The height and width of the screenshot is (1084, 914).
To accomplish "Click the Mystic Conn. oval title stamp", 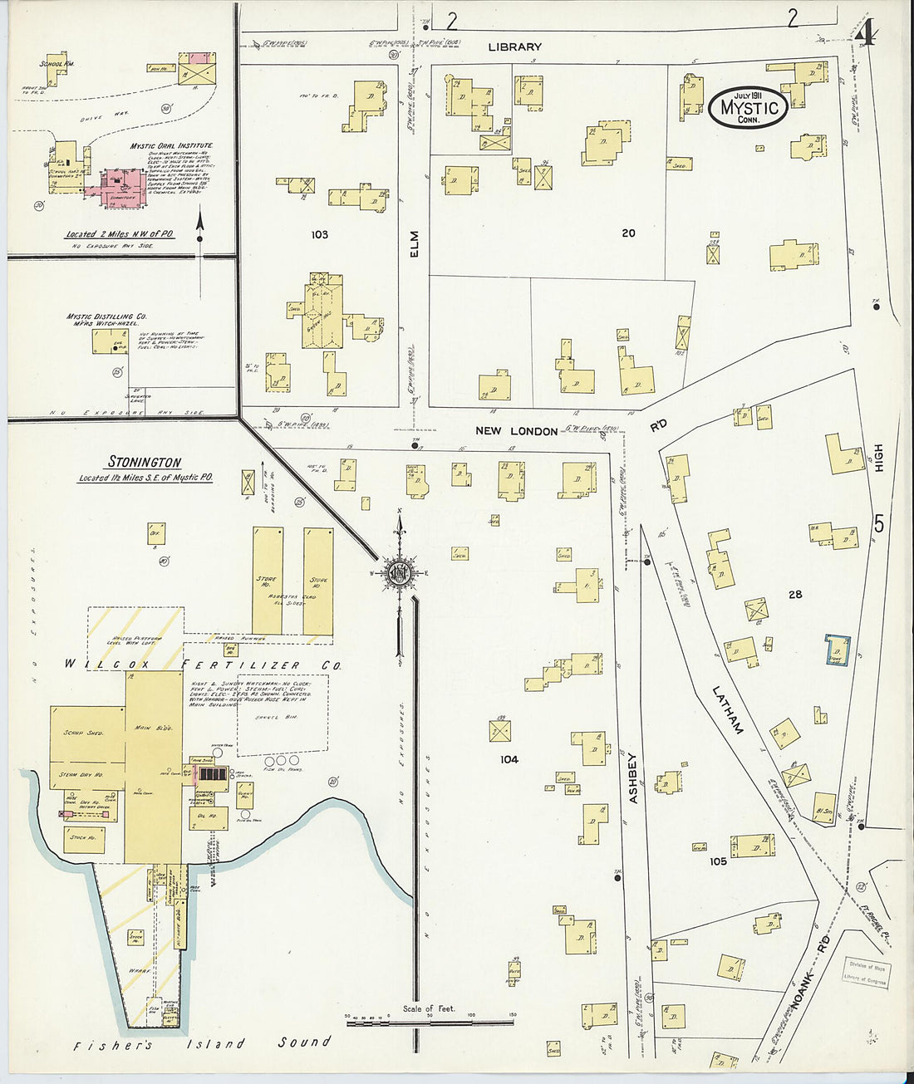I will (748, 107).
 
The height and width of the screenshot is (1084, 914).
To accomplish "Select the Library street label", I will (514, 47).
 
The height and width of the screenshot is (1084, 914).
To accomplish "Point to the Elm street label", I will (415, 243).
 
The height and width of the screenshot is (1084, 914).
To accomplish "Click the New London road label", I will (516, 430).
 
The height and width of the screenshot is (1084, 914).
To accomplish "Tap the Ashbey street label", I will (632, 777).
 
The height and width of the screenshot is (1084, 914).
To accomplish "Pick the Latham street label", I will (726, 709).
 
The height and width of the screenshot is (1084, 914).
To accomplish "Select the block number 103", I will (319, 235).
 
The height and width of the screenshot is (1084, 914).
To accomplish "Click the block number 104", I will (509, 759).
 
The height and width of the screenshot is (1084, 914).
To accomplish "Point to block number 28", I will (795, 594).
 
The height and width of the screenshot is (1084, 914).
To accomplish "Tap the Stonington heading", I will (145, 462).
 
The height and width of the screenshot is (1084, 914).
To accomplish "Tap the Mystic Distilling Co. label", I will (107, 321).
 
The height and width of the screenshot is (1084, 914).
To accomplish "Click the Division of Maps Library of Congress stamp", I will (866, 971).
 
